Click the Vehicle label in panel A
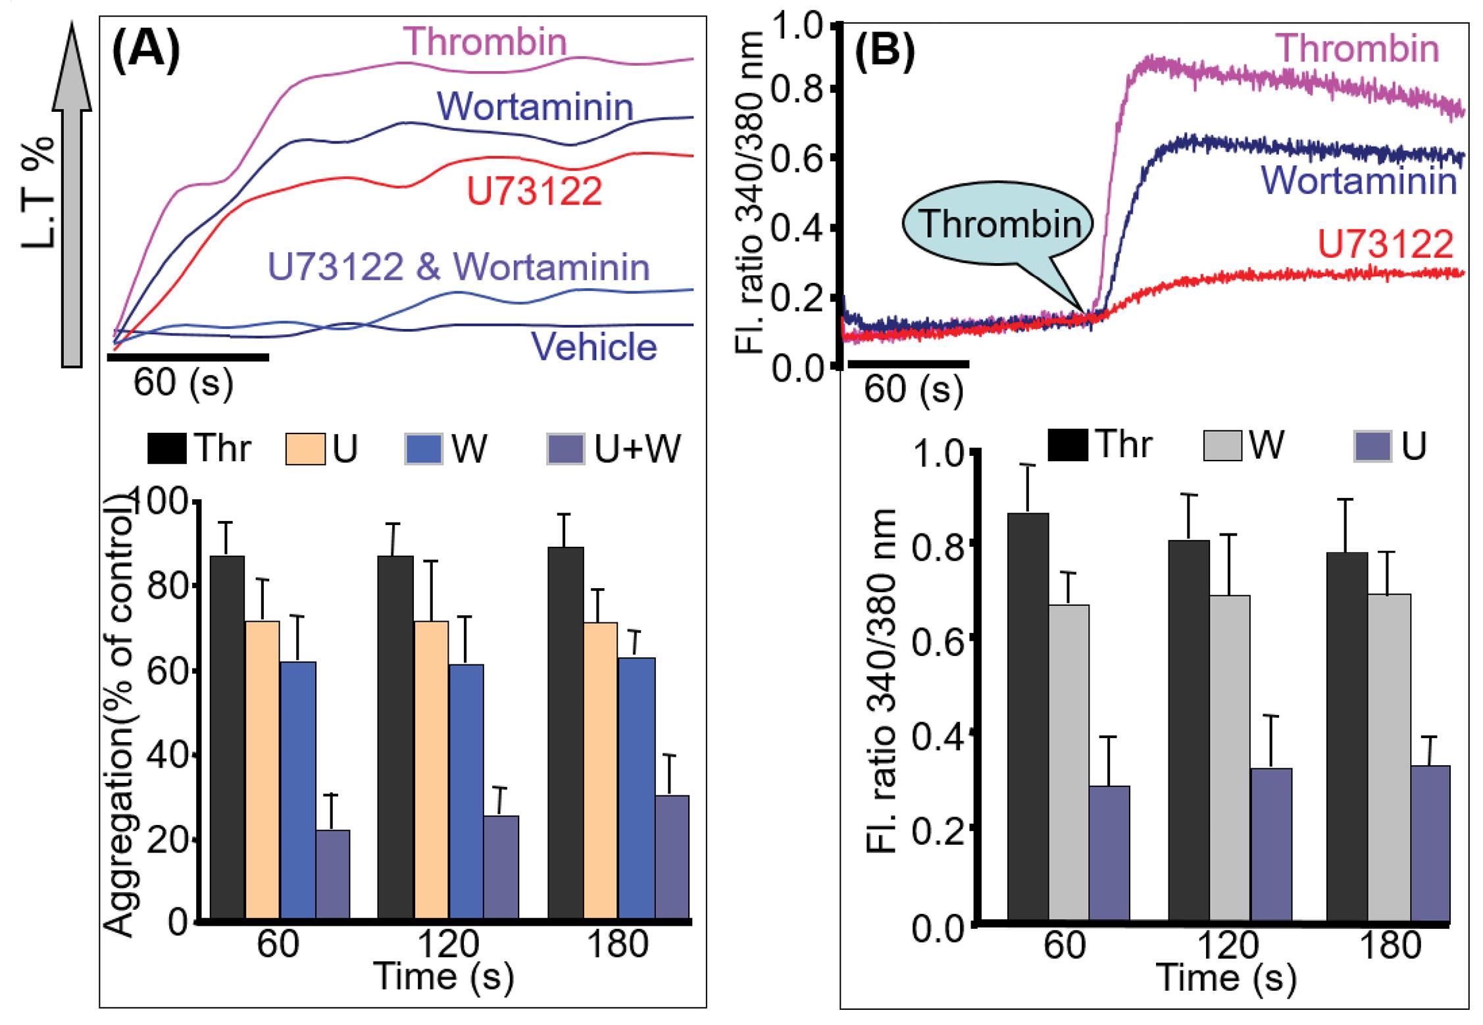(594, 347)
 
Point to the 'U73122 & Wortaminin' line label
(459, 268)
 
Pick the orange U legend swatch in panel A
(305, 449)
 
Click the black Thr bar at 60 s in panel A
(227, 738)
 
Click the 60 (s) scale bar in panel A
(188, 357)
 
